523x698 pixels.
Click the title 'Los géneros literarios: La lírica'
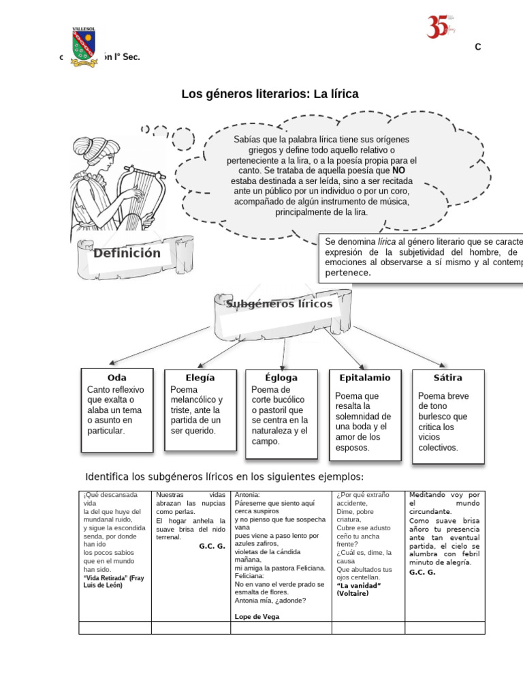[x=270, y=94]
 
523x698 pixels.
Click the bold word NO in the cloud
[x=398, y=170]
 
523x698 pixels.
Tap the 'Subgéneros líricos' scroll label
[x=279, y=304]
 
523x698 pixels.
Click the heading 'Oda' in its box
[x=117, y=378]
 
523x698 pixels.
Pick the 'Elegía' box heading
[x=200, y=378]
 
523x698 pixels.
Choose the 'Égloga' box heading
[x=281, y=378]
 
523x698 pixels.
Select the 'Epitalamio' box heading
[x=364, y=378]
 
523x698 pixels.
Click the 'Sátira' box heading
[x=447, y=378]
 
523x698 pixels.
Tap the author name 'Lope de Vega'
[x=257, y=616]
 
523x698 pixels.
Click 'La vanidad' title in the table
[x=359, y=586]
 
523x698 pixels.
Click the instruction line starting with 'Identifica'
[x=224, y=476]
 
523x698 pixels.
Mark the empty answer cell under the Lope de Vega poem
[x=281, y=628]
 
